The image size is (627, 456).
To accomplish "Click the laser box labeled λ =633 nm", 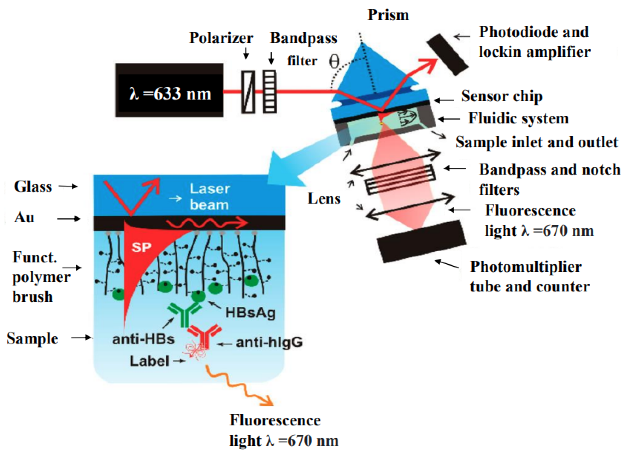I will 169,90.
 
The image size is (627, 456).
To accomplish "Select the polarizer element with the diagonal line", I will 248,92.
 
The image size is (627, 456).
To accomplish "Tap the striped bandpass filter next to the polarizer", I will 270,92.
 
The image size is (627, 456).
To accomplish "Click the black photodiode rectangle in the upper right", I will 447,55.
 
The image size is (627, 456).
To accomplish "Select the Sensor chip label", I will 502,97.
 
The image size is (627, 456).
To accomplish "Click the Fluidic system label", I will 518,119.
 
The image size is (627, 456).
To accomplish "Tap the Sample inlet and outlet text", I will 536,142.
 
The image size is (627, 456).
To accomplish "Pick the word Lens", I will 324,199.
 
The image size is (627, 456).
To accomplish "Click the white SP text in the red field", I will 141,247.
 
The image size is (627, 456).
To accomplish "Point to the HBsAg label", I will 250,313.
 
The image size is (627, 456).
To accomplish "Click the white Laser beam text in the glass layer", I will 210,197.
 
